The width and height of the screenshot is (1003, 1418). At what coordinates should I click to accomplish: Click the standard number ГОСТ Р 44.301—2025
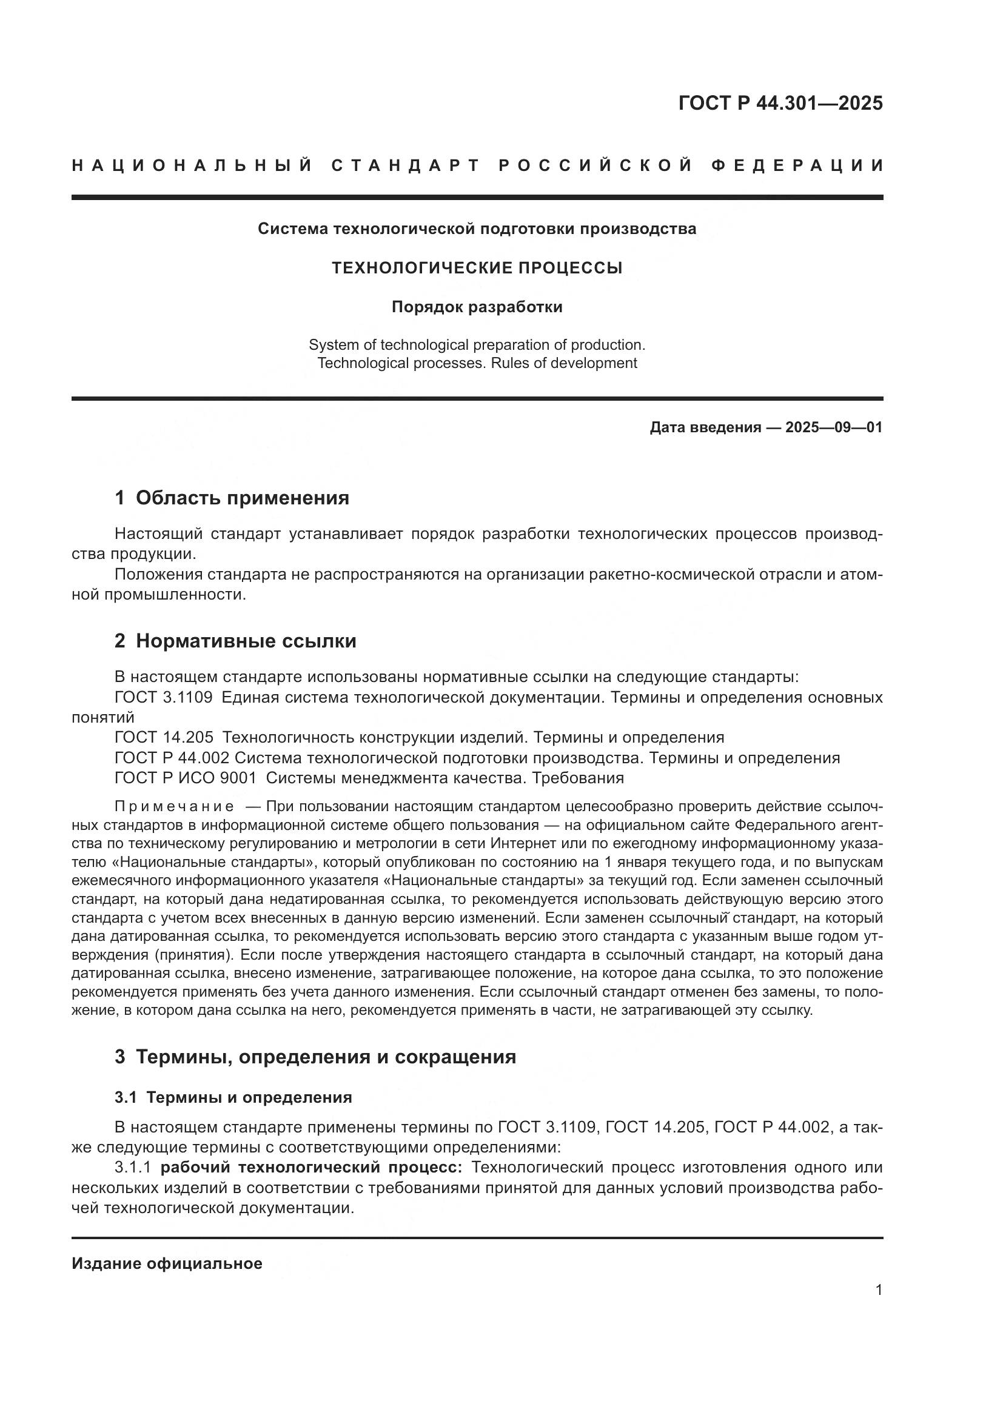(x=780, y=103)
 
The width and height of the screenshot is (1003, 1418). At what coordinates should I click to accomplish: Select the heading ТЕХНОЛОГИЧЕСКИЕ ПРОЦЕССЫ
(x=477, y=268)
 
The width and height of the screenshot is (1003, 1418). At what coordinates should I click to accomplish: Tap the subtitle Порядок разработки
(x=477, y=307)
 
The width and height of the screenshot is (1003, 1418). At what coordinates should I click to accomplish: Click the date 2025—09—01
(x=833, y=427)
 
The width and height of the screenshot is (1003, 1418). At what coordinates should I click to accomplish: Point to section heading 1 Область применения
(x=232, y=498)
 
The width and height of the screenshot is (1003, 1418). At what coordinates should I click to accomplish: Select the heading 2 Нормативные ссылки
(x=235, y=641)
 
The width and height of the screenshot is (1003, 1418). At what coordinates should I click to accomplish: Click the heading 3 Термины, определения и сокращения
(x=315, y=1057)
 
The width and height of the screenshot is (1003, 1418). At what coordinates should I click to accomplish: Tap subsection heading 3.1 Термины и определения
(x=233, y=1097)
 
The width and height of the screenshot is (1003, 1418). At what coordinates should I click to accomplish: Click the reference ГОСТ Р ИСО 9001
(x=186, y=778)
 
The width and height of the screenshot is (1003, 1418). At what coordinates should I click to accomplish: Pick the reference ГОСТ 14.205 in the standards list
(x=164, y=737)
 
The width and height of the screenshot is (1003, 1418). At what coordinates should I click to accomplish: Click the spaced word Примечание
(x=174, y=806)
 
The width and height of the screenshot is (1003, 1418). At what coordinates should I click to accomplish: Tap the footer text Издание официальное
(x=167, y=1263)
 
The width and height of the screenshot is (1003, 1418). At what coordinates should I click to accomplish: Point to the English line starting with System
(x=477, y=344)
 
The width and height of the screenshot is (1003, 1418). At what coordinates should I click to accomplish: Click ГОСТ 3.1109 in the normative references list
(x=164, y=698)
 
